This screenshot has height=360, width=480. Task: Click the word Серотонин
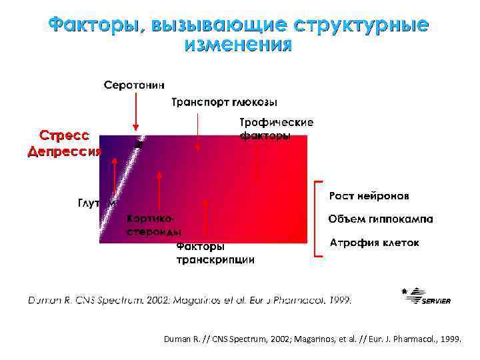(135, 85)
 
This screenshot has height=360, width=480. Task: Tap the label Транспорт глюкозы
(225, 103)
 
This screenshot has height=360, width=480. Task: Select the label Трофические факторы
(276, 129)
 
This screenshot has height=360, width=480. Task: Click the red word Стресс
(65, 135)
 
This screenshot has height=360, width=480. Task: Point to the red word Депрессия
(65, 151)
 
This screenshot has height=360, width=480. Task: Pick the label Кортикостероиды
(154, 225)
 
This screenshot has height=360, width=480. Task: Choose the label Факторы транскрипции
(215, 253)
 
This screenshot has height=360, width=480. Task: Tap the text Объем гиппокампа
(380, 219)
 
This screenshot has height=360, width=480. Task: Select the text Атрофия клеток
(375, 243)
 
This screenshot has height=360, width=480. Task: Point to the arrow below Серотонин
(136, 111)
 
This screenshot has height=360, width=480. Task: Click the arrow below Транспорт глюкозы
(198, 130)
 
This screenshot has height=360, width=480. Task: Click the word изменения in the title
(238, 45)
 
